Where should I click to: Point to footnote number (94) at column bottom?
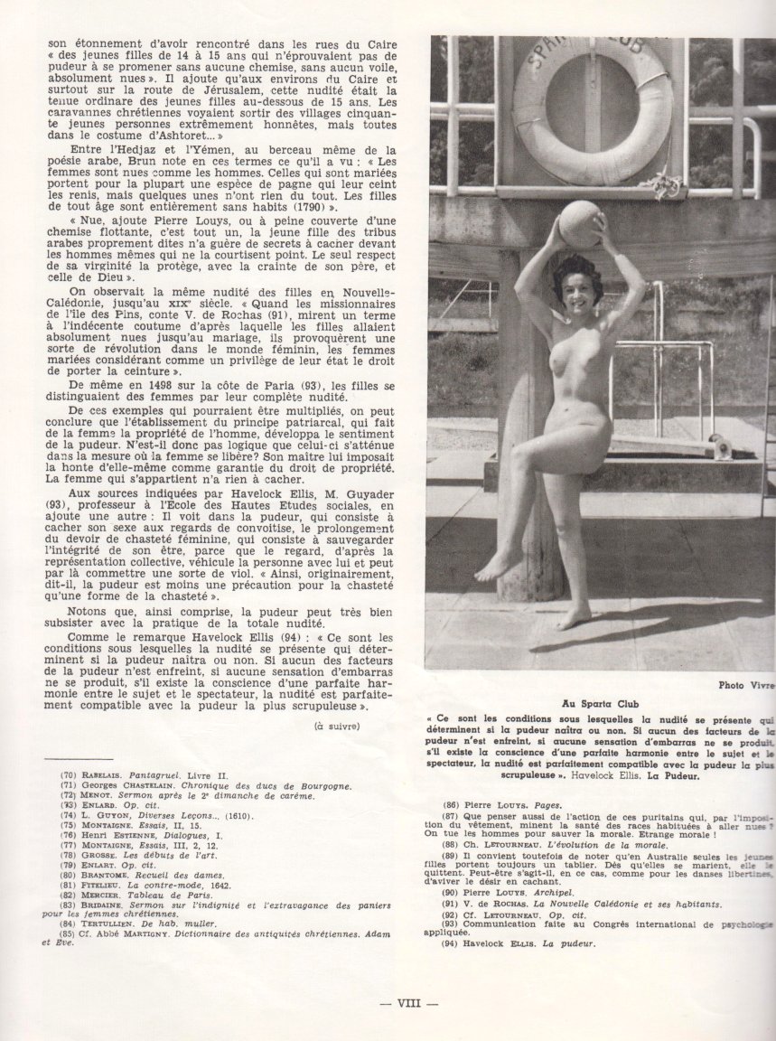452,944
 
